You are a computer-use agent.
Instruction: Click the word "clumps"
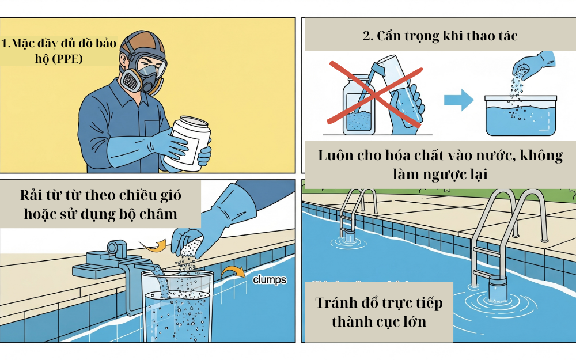[x=270, y=281]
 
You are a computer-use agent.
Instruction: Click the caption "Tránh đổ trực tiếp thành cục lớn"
[x=378, y=312]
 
